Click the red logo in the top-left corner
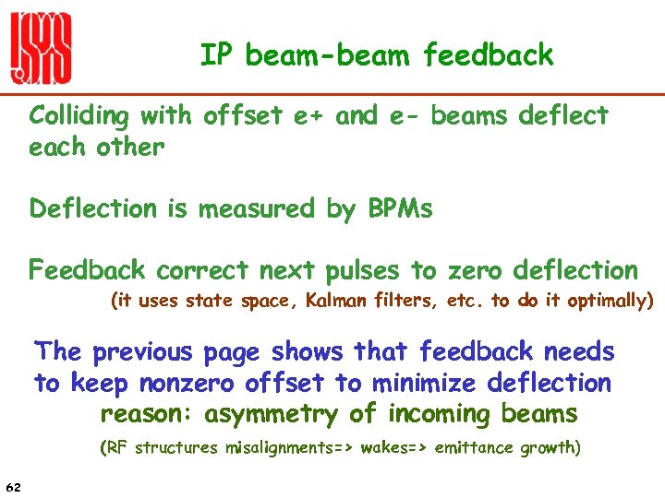point(41,50)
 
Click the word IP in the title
point(216,55)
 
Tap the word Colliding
point(82,117)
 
